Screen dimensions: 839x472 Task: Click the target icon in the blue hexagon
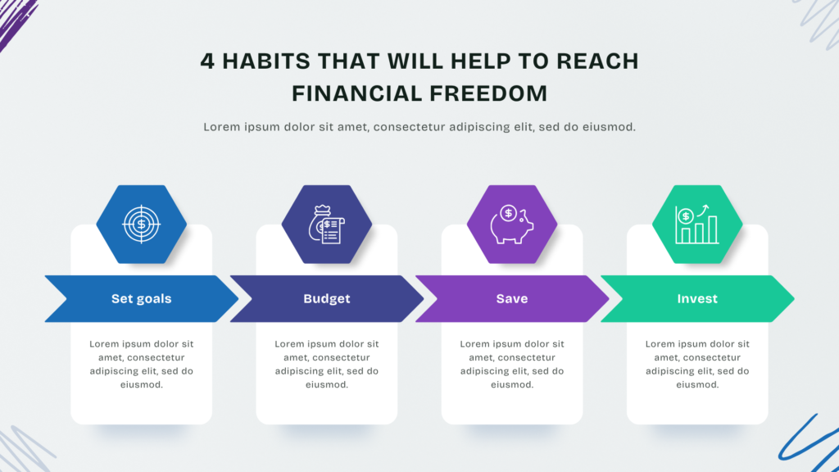(x=141, y=225)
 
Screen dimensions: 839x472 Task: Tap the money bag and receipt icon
(x=326, y=225)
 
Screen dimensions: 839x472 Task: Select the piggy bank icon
(x=511, y=225)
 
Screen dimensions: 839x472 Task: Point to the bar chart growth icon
(x=696, y=225)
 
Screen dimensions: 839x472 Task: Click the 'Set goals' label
(x=141, y=298)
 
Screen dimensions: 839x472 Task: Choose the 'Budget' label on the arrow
(x=327, y=298)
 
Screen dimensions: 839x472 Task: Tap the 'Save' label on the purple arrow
(x=512, y=298)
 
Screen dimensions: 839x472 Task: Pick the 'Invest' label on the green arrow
(x=697, y=298)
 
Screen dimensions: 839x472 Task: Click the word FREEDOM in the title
(x=488, y=93)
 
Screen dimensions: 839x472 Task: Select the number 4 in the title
(x=207, y=61)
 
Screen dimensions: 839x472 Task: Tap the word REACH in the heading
(x=597, y=61)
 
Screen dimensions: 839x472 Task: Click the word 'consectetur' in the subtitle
(x=410, y=127)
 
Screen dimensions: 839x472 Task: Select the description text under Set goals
(x=141, y=364)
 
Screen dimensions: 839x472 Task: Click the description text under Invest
(x=697, y=364)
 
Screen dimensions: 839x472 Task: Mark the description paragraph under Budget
(x=327, y=364)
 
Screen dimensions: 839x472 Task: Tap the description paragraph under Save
(x=512, y=364)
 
